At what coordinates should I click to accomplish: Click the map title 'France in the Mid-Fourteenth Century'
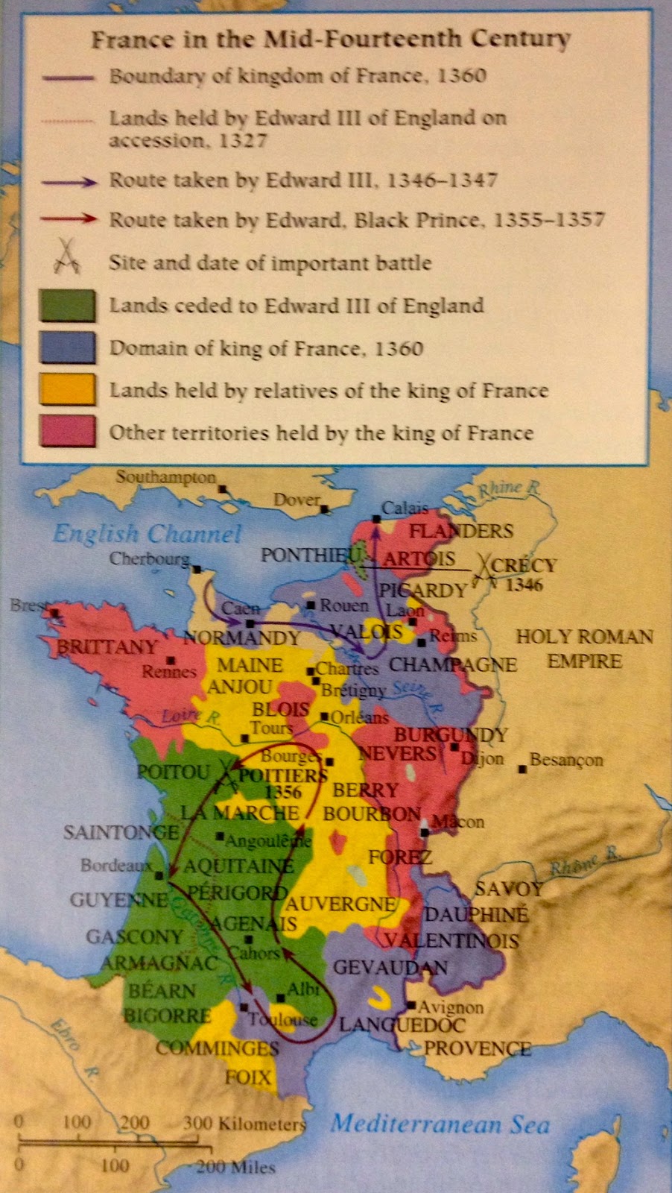coord(331,39)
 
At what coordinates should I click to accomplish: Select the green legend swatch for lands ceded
coord(67,305)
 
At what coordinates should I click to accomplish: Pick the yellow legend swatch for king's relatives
coord(67,389)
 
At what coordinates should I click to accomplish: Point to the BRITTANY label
coord(107,646)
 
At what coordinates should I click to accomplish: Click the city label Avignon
coord(450,1007)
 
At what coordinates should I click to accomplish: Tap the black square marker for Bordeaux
coord(159,874)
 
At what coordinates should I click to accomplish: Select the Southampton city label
coord(165,477)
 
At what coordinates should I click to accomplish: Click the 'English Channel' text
coord(148,534)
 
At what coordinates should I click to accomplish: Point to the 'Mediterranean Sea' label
coord(440,1124)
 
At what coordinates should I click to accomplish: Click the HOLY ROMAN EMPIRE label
coord(584,649)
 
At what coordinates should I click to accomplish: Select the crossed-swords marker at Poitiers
coord(224,775)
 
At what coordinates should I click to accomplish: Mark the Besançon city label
coord(566,760)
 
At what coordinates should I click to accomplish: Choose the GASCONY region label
coord(134,937)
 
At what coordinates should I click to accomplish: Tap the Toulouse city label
coord(282,1019)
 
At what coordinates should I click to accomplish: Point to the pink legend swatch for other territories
coord(67,432)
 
